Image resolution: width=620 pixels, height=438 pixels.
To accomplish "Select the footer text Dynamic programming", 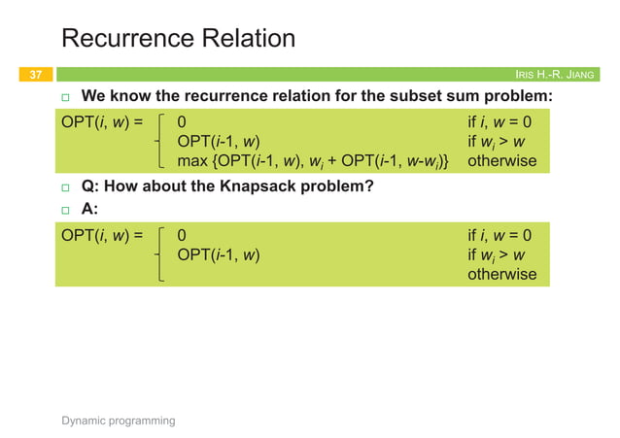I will pos(119,421).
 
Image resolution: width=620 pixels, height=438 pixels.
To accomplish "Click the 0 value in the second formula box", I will pos(182,235).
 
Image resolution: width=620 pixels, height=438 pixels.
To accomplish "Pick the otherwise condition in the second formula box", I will pos(501,273).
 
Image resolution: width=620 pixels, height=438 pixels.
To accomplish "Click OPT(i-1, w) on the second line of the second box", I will pos(218,254).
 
